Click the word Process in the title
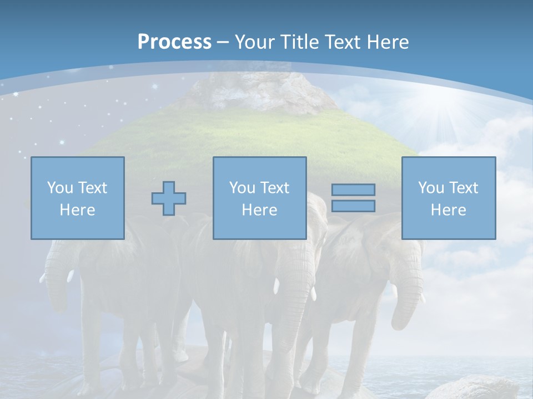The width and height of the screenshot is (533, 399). pyautogui.click(x=174, y=42)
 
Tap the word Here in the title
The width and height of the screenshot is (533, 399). pyautogui.click(x=388, y=42)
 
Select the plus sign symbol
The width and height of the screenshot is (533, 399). pyautogui.click(x=169, y=198)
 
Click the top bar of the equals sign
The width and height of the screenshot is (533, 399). pyautogui.click(x=353, y=190)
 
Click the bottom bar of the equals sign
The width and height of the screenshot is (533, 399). pyautogui.click(x=353, y=206)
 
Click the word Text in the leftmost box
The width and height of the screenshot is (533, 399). pyautogui.click(x=92, y=188)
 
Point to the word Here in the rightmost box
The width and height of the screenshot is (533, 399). pyautogui.click(x=448, y=210)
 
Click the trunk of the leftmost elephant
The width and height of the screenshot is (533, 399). pyautogui.click(x=56, y=277)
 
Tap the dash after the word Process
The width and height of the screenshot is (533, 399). pyautogui.click(x=223, y=42)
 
